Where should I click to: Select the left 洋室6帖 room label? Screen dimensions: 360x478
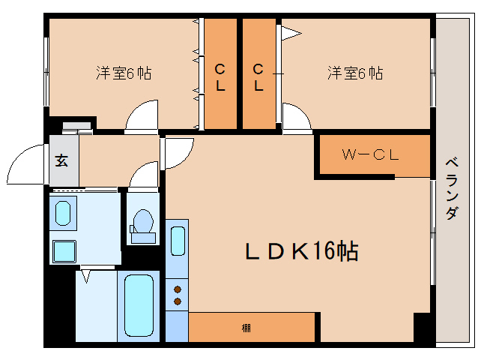(124, 73)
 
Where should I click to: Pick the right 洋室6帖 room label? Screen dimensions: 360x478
(354, 73)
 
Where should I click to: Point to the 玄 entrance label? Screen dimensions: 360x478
(61, 160)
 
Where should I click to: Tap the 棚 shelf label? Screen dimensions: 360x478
(246, 328)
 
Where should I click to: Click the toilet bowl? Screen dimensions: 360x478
(142, 223)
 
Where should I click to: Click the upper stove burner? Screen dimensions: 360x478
(178, 288)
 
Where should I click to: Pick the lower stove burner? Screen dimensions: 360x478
(178, 301)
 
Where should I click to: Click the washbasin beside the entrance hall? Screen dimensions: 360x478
(64, 213)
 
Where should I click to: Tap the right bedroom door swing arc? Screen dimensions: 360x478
(297, 118)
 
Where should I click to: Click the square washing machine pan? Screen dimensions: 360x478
(64, 250)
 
